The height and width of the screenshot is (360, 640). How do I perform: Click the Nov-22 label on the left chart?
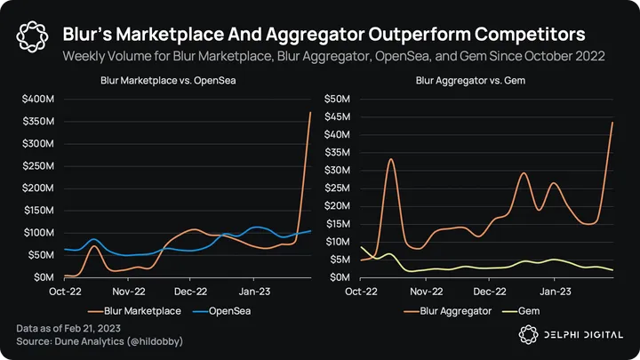tap(129, 291)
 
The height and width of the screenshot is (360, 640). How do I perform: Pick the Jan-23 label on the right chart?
tap(555, 291)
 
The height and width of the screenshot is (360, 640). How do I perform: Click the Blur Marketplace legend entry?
tap(141, 311)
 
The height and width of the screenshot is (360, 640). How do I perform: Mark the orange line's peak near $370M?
tap(310, 112)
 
